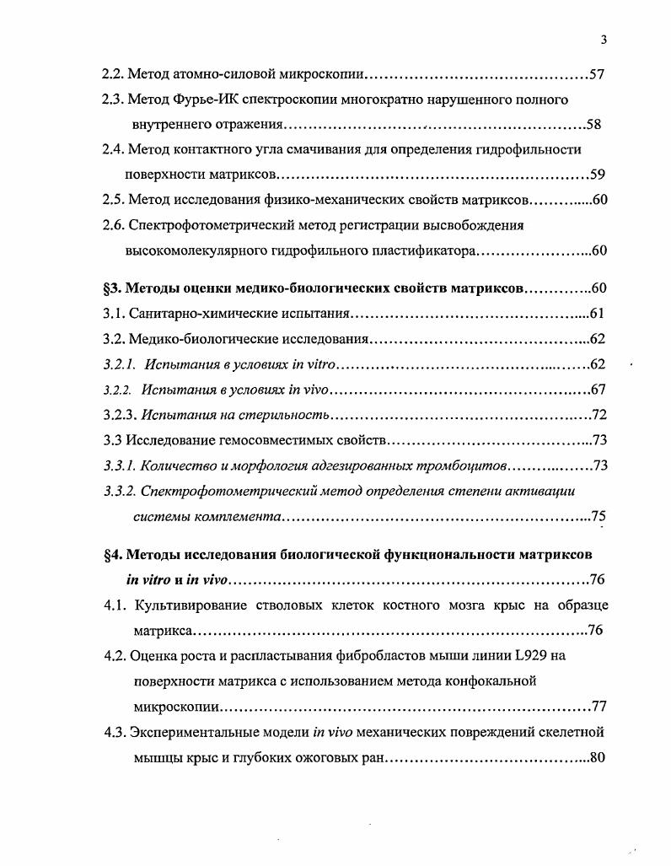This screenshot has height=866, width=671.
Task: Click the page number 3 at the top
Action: tap(604, 40)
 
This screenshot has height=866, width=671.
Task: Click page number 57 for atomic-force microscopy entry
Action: tap(597, 75)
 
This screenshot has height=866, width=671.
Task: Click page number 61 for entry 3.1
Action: tap(597, 314)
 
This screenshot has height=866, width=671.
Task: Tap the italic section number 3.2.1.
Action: tap(119, 364)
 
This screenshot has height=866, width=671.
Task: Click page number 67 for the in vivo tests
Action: tap(599, 390)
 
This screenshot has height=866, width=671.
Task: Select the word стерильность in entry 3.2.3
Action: tap(286, 416)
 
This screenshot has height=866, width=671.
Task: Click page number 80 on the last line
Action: tap(598, 756)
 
